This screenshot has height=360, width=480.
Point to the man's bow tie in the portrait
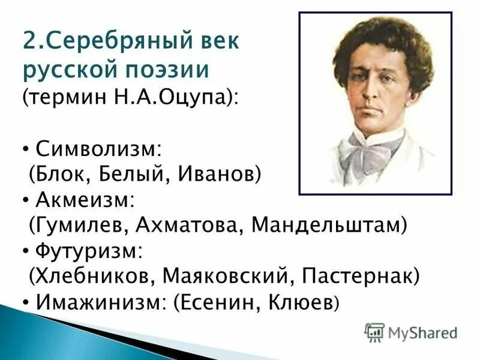[372, 147]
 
